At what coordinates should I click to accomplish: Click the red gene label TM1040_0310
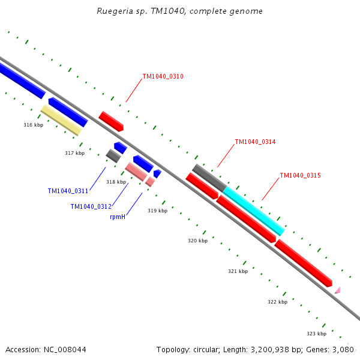163,77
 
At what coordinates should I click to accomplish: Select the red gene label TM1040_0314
255,142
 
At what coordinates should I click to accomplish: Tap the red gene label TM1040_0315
300,176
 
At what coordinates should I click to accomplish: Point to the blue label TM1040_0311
68,191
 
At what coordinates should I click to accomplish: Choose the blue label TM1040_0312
91,206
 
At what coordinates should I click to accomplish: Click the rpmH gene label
118,217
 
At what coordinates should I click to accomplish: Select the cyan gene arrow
254,211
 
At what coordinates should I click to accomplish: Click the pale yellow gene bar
61,120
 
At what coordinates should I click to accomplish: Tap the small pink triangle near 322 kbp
338,290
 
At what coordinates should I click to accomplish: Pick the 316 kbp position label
33,125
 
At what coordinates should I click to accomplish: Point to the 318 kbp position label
116,182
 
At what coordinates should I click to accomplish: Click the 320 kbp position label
197,241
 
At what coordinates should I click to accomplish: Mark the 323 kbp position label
316,334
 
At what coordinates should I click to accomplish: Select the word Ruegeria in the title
112,11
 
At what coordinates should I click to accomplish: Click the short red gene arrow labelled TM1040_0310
111,121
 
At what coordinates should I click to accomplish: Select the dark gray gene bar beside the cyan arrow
208,178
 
